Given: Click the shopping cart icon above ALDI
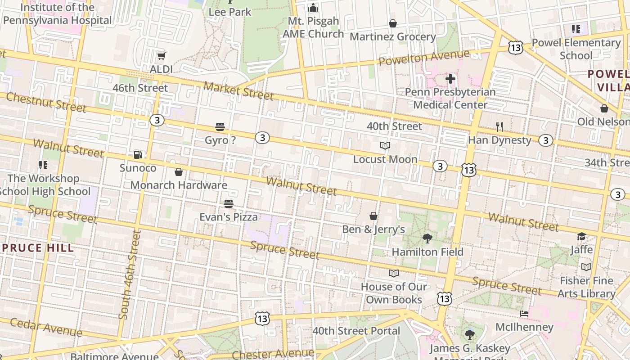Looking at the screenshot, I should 161,56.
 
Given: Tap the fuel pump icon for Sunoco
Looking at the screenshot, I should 138,155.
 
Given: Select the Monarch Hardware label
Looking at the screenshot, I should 179,185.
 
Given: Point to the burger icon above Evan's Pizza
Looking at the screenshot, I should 229,204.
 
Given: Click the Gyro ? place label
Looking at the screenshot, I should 220,140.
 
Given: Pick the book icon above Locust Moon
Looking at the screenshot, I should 385,145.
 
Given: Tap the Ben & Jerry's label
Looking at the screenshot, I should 373,229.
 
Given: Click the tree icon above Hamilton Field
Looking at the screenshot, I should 427,238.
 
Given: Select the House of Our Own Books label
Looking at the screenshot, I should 394,293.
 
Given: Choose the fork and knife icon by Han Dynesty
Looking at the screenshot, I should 499,127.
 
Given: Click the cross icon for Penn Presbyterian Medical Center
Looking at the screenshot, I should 450,79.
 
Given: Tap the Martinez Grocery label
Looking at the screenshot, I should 393,37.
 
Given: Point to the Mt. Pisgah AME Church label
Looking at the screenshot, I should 313,27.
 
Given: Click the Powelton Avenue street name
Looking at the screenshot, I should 424,58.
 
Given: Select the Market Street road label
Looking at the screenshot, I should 238,91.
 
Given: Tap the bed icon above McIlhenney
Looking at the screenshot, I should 524,314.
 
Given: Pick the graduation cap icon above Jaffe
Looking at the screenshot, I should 582,237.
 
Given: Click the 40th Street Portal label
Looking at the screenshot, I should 356,331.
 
